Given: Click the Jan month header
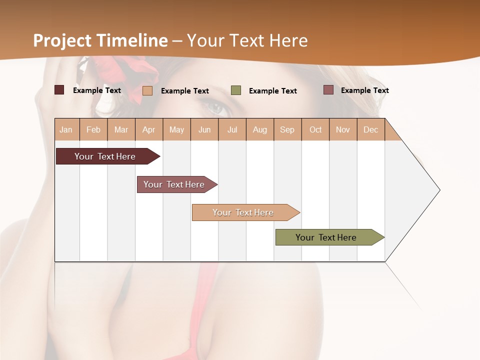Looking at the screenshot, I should click(x=66, y=129).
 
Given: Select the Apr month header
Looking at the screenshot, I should click(x=148, y=129).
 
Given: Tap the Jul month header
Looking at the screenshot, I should click(x=232, y=129).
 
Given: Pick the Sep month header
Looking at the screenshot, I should click(x=287, y=129).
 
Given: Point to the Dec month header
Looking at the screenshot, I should click(x=370, y=129).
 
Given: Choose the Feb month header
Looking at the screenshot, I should click(x=93, y=129).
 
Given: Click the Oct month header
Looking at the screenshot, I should click(x=315, y=129).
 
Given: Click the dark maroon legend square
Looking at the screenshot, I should click(x=59, y=90).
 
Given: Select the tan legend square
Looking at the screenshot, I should click(x=147, y=90).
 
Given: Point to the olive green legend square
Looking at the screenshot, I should click(x=236, y=90).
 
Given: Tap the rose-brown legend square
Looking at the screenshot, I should click(x=328, y=90).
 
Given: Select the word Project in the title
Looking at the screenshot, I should click(x=62, y=40).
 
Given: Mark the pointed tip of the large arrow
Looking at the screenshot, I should click(x=439, y=190).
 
